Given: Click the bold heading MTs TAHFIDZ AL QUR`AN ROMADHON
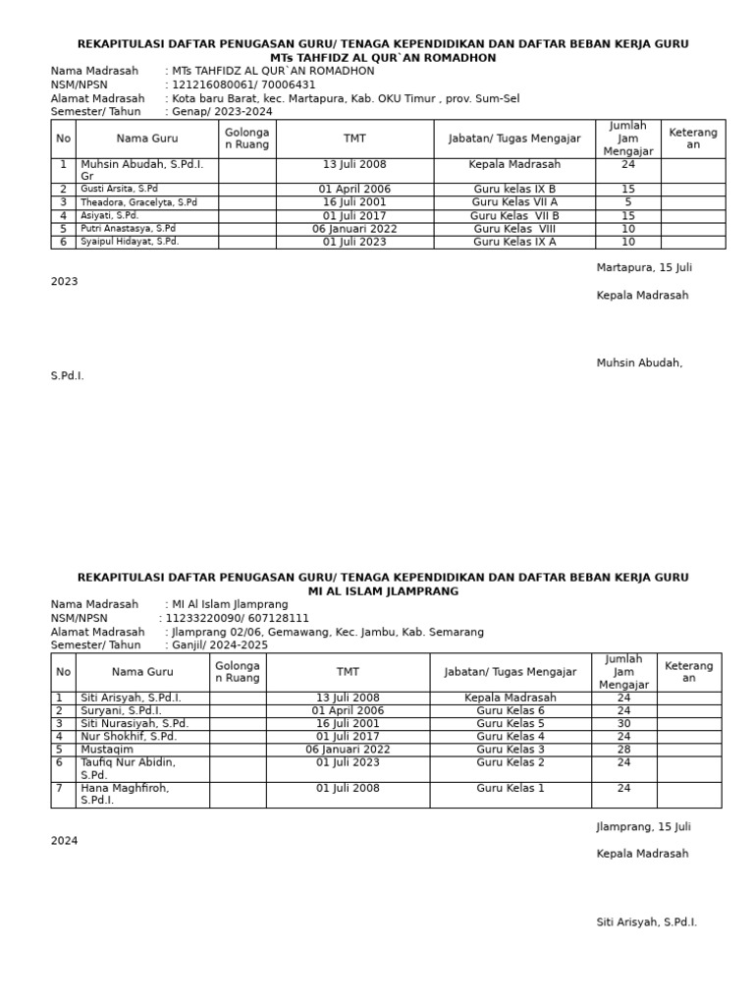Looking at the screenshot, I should (x=383, y=58).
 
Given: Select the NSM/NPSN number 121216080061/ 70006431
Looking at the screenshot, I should (x=243, y=84).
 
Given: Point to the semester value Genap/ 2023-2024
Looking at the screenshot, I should (x=222, y=112).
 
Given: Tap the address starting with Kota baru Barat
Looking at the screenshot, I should (x=346, y=98).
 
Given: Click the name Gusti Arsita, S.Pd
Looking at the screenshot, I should (x=120, y=189).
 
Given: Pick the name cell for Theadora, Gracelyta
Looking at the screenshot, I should (x=139, y=202).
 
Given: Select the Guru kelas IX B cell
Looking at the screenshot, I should (x=514, y=189).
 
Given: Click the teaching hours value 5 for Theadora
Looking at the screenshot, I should (x=628, y=202).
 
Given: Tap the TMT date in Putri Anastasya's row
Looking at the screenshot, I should (x=354, y=229).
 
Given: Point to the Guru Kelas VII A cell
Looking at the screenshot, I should (x=514, y=202).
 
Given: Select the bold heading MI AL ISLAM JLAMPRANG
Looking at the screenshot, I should (x=383, y=591).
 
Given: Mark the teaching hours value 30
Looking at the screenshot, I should (x=623, y=723).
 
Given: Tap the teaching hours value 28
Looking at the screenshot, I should (x=623, y=750).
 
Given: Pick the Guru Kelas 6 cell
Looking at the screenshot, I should (x=511, y=710).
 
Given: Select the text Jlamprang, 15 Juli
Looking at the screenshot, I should (x=644, y=827).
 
